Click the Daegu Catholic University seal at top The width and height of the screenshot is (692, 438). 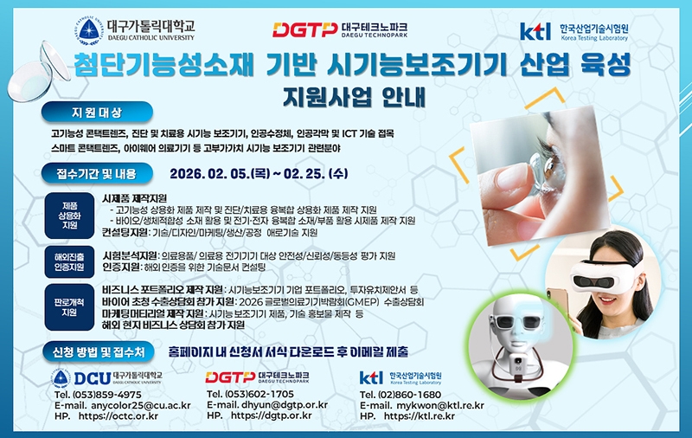point(90,30)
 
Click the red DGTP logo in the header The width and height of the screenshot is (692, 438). point(305,30)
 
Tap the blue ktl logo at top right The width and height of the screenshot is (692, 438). point(535,31)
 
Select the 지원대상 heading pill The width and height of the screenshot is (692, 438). point(97,113)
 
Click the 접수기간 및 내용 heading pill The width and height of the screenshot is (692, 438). point(97,173)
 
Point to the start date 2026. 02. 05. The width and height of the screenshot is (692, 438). point(209,173)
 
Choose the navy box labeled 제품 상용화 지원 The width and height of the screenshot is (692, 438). point(70,216)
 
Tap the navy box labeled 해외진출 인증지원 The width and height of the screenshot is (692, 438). point(70,261)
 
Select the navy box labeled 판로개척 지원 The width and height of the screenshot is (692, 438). point(70,307)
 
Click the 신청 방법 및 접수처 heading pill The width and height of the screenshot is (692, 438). point(99,352)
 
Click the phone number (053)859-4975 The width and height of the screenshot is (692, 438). point(107,395)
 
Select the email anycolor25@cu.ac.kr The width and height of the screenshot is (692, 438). point(141,405)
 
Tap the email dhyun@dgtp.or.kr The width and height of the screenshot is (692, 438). point(285,404)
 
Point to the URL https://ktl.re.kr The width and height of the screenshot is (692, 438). point(420,415)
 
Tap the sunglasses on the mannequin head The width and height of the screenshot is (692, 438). point(516,320)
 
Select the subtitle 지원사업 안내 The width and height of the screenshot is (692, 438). point(354,98)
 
